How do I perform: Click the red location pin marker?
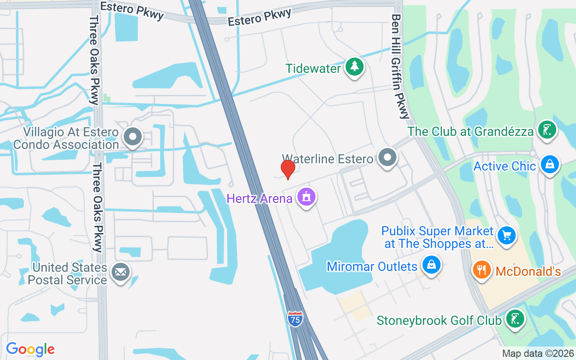pos(288,169)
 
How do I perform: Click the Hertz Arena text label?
pos(260,198)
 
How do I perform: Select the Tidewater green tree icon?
pos(355,67)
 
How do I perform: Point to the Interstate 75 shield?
pos(295,319)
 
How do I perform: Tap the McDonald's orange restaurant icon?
pos(481,270)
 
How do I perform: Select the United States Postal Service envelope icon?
pos(121,272)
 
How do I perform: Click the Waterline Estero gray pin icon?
pos(387,157)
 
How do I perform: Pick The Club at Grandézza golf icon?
pos(547,130)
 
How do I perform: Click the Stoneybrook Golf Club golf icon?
pos(515,319)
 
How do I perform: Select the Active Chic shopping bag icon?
pos(549,164)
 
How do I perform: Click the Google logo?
pos(31,349)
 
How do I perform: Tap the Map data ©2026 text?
pos(538,353)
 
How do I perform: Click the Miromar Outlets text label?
pos(372,266)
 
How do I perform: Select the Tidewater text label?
pos(313,68)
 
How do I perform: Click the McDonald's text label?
pos(528,271)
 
